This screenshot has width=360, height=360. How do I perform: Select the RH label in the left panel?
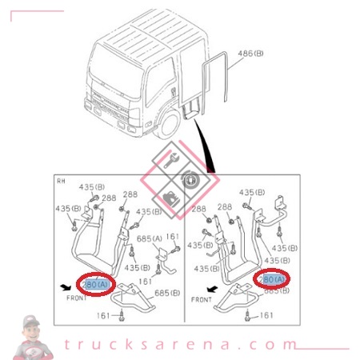[x=61, y=181]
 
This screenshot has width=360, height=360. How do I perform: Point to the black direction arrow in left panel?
[x=64, y=284]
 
